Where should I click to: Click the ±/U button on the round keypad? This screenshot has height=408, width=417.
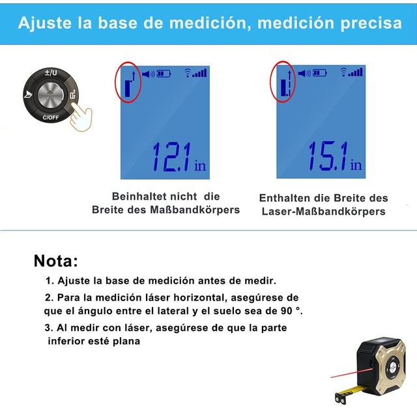50,74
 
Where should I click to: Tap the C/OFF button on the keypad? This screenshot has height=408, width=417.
50,118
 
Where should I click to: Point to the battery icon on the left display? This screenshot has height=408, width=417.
163,74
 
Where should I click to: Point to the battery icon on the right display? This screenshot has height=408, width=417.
319,74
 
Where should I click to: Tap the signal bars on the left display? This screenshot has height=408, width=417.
199,73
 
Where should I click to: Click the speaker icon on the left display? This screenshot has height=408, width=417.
148,74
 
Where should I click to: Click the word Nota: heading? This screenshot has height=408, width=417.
55,262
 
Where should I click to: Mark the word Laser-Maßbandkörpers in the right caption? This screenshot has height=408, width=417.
323,211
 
